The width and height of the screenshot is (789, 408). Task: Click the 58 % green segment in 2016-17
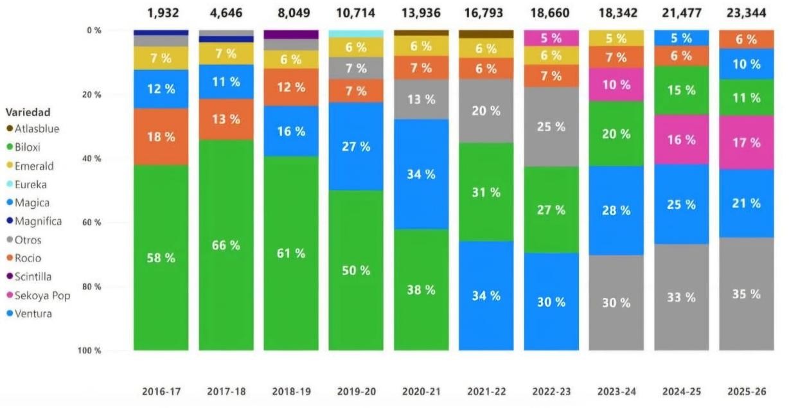point(161,258)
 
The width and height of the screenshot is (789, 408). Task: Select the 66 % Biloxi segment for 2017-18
point(226,245)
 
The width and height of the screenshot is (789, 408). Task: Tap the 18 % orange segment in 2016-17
point(161,137)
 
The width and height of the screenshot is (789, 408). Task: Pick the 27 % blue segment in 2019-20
point(356,146)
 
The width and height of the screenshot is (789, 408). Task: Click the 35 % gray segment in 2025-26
point(746,294)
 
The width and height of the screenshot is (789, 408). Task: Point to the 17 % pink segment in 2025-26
point(746,143)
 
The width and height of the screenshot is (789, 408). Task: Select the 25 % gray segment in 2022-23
point(551,127)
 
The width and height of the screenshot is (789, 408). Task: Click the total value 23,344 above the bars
point(746,13)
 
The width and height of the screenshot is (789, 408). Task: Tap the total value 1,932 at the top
point(161,13)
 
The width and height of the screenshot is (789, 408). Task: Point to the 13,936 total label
point(421,13)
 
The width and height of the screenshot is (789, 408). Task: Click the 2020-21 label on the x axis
point(421,391)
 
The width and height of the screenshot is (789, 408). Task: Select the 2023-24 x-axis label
point(616,391)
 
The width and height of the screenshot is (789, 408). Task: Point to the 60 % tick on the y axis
point(93,222)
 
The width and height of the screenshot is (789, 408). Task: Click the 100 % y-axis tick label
point(91,351)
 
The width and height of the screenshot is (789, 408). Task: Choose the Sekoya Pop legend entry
point(42,296)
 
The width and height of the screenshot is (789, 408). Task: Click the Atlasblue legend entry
point(37,129)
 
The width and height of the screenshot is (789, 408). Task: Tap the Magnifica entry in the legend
point(38,221)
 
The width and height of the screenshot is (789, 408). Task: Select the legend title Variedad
point(28,112)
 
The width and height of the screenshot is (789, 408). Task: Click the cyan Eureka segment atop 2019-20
point(356,33)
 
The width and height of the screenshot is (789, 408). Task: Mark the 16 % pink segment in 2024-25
point(681,139)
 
